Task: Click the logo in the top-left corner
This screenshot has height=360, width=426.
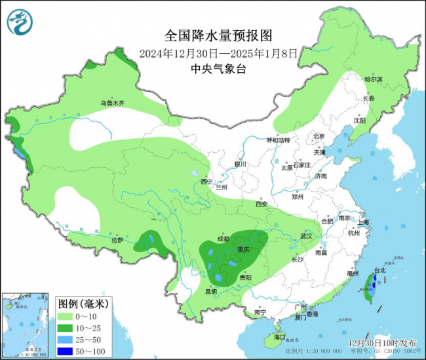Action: [20, 22]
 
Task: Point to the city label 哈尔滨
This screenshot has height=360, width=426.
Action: [373, 79]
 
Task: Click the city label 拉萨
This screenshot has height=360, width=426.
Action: [117, 240]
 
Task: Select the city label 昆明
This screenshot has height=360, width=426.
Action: [211, 290]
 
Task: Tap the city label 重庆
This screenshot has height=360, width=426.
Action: [243, 249]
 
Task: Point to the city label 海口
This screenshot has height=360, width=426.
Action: [280, 337]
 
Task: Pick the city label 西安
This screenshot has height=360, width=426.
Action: [261, 204]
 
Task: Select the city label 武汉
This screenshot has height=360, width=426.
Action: [306, 235]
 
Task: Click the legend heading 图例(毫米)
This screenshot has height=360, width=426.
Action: [83, 304]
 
